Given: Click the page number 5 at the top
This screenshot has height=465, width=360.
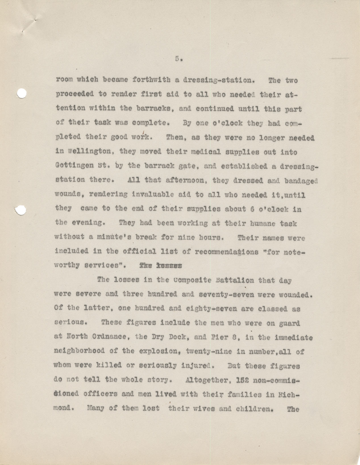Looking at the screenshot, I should point(177,59).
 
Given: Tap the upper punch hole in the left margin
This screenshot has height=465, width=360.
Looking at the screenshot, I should point(21,94).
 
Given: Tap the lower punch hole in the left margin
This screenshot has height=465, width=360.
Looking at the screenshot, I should point(20,210).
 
